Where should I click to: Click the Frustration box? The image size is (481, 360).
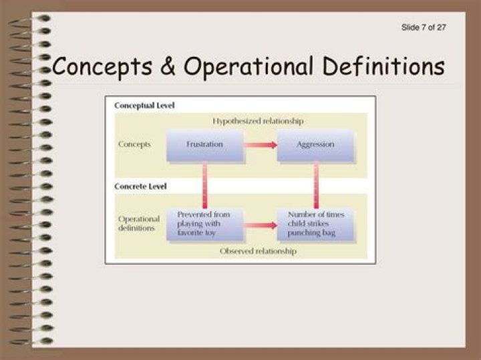[x=204, y=145]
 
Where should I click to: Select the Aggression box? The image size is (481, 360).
[x=315, y=145]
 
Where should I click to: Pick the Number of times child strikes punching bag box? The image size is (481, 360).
[x=315, y=224]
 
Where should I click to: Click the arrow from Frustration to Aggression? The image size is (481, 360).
[x=260, y=145]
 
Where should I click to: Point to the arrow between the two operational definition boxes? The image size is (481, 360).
[x=260, y=225]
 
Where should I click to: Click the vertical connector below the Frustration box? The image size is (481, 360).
[x=204, y=185]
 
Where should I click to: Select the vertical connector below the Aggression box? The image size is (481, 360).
[x=316, y=185]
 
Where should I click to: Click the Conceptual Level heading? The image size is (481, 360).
[x=144, y=106]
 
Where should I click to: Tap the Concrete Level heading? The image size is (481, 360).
[x=140, y=186]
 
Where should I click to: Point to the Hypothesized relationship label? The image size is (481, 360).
[x=258, y=122]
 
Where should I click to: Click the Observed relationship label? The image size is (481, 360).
[x=258, y=251]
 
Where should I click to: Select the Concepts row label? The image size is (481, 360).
[x=134, y=144]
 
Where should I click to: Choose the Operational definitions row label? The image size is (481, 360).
[x=139, y=223]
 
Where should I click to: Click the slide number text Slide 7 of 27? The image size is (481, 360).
[x=424, y=27]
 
